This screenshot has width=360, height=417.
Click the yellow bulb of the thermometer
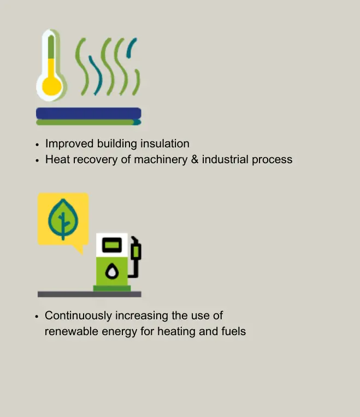tap(51, 86)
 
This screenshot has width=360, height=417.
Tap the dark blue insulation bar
tap(88, 114)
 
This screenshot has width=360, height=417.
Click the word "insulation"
tap(165, 144)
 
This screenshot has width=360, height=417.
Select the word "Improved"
tap(69, 144)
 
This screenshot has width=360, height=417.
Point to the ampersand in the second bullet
tap(195, 159)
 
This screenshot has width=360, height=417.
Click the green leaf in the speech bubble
tap(63, 219)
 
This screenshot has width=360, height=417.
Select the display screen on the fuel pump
tap(112, 245)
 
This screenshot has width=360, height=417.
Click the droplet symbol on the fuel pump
tap(112, 271)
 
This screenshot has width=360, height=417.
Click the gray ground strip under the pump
tap(90, 294)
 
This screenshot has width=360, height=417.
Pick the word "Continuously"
tap(78, 316)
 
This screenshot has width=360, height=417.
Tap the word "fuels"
tap(234, 332)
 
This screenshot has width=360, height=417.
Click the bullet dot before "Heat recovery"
tap(37, 160)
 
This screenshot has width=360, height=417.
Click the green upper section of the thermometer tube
tap(51, 47)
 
